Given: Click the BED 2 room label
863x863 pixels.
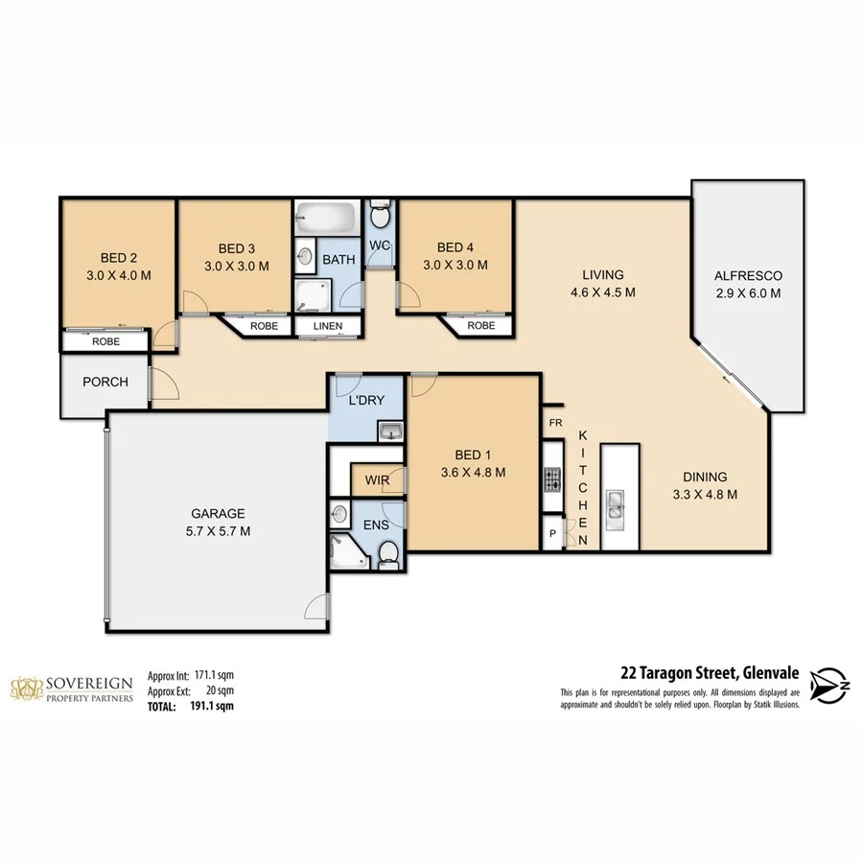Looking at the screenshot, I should pyautogui.click(x=119, y=257).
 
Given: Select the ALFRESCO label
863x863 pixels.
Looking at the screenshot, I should pyautogui.click(x=748, y=276).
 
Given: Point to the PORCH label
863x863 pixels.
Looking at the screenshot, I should pyautogui.click(x=105, y=382).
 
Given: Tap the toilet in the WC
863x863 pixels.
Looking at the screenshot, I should pyautogui.click(x=380, y=211).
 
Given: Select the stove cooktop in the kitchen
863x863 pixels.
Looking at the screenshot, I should pyautogui.click(x=553, y=479).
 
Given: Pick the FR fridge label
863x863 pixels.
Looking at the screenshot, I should pyautogui.click(x=554, y=423).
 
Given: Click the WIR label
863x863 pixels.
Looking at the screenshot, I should pyautogui.click(x=375, y=479).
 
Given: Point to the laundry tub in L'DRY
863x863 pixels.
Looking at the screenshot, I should pyautogui.click(x=389, y=433).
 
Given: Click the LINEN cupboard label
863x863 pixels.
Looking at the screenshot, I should pyautogui.click(x=329, y=326).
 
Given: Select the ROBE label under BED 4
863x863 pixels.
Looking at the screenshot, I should pyautogui.click(x=481, y=326).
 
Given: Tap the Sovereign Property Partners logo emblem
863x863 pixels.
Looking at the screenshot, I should pyautogui.click(x=28, y=688).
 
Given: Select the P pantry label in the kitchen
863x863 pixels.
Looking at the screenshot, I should pyautogui.click(x=553, y=534).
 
